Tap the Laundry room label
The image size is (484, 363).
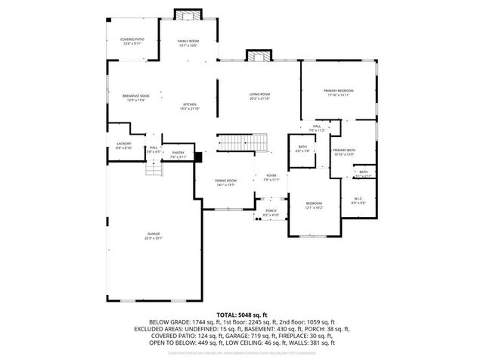[124, 145]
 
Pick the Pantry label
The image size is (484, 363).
[178, 154]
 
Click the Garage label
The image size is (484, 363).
[154, 235]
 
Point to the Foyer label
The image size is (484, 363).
[271, 178]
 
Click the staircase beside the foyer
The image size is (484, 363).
[243, 141]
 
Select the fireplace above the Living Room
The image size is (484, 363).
[259, 56]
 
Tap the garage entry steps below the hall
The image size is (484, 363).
[155, 170]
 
